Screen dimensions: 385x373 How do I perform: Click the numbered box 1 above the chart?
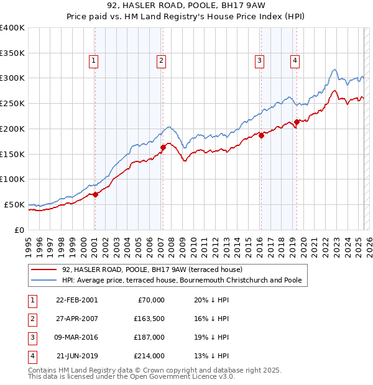pyautogui.click(x=93, y=60)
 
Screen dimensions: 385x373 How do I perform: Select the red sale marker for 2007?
pyautogui.click(x=163, y=147)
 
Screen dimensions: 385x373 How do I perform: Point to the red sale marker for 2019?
pyautogui.click(x=297, y=122)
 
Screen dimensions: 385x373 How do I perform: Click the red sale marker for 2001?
pyautogui.click(x=96, y=194)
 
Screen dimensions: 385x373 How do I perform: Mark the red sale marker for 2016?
pyautogui.click(x=261, y=135)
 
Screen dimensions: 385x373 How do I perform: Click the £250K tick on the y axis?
pyautogui.click(x=12, y=104)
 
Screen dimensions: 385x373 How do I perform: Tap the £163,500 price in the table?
pyautogui.click(x=150, y=319)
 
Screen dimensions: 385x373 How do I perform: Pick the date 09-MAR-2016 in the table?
pyautogui.click(x=76, y=337)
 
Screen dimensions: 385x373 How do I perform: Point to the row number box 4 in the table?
pyautogui.click(x=32, y=356)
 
